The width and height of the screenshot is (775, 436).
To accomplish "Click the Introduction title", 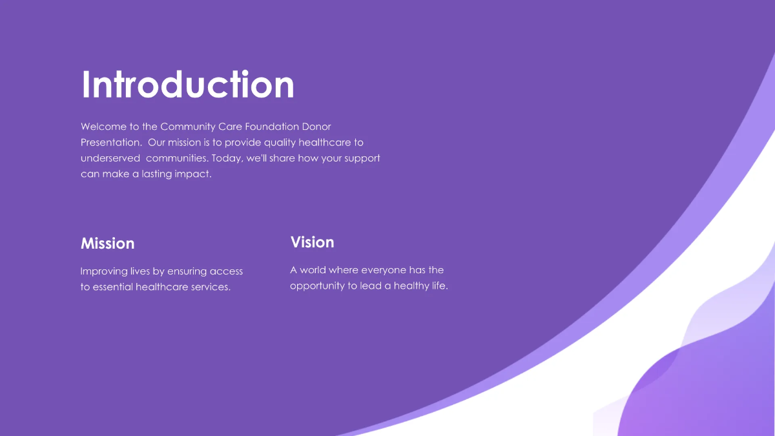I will click(188, 85).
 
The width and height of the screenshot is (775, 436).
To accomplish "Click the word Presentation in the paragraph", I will click(110, 143).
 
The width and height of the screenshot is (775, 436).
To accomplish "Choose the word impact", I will click(192, 174).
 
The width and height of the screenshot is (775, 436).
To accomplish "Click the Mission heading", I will click(107, 244).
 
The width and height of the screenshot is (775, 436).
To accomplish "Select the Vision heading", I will click(312, 242).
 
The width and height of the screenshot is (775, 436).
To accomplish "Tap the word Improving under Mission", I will click(103, 271).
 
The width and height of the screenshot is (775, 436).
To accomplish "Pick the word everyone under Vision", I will click(384, 270).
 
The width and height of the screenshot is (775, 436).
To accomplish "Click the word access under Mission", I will click(226, 271).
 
